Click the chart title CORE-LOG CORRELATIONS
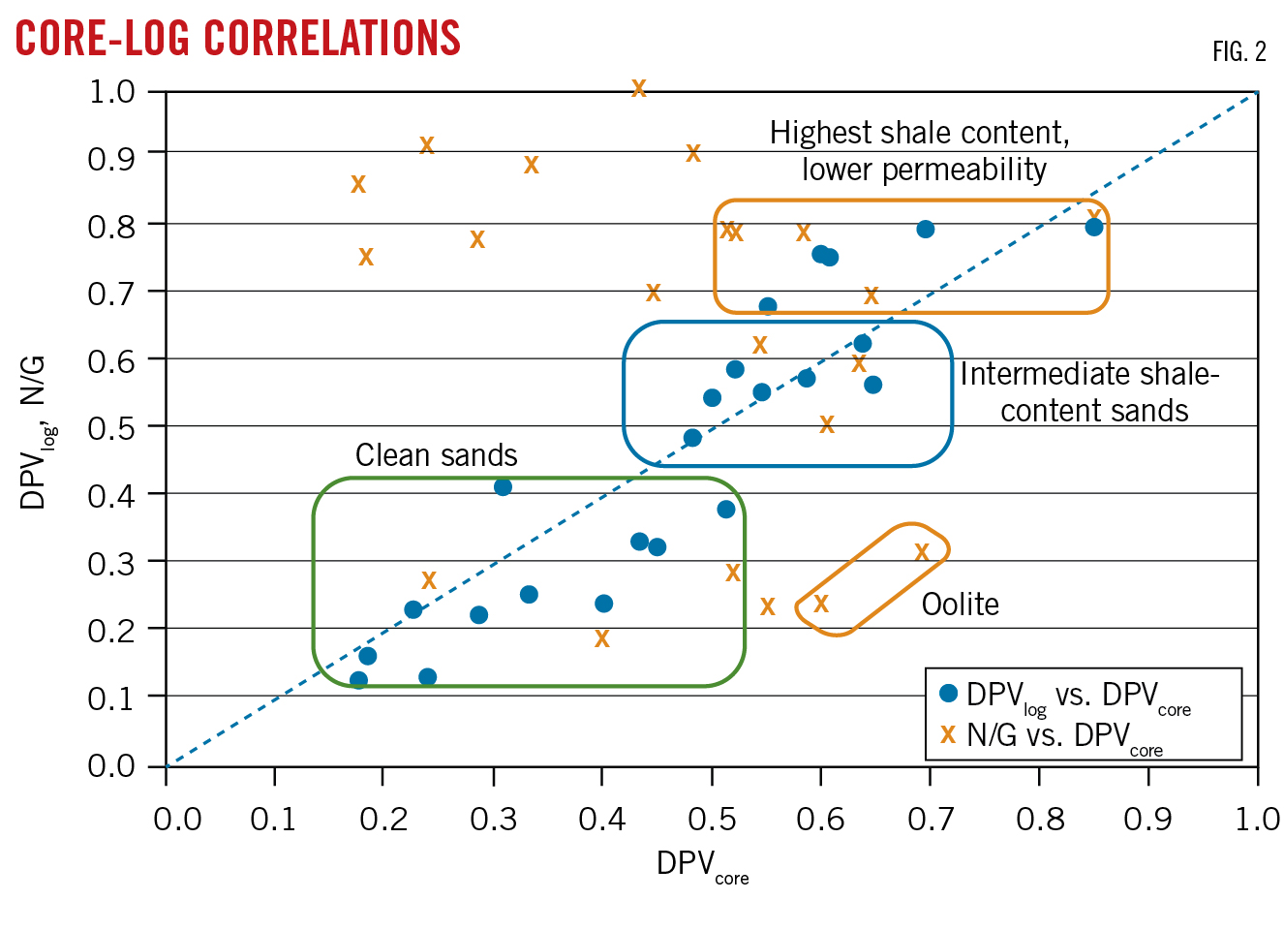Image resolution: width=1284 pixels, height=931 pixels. (x=238, y=39)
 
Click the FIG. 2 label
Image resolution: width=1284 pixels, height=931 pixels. (x=1238, y=52)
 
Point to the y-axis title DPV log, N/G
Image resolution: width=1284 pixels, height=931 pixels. (x=35, y=431)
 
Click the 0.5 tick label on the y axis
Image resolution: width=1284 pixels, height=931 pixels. (x=111, y=427)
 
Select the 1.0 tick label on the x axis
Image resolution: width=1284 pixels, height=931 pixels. (x=1257, y=820)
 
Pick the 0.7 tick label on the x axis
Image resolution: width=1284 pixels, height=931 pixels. (x=930, y=820)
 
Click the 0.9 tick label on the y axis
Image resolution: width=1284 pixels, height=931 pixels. (x=111, y=157)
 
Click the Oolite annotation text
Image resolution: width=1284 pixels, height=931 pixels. (x=960, y=605)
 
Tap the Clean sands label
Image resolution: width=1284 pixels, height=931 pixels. (x=436, y=455)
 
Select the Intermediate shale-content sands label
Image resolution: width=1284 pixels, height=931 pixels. (x=1090, y=392)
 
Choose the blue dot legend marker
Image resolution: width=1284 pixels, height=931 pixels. (x=948, y=694)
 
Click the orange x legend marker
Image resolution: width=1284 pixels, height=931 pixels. (x=948, y=735)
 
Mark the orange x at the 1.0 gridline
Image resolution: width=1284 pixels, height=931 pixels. (x=638, y=89)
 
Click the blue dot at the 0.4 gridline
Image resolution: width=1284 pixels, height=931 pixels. (x=503, y=486)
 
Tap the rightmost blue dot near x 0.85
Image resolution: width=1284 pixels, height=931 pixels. (x=1094, y=227)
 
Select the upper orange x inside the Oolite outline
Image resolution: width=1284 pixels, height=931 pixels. (x=922, y=552)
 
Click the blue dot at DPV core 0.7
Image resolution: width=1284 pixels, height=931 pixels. (x=925, y=230)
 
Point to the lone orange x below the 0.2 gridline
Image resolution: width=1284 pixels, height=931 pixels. (x=602, y=639)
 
